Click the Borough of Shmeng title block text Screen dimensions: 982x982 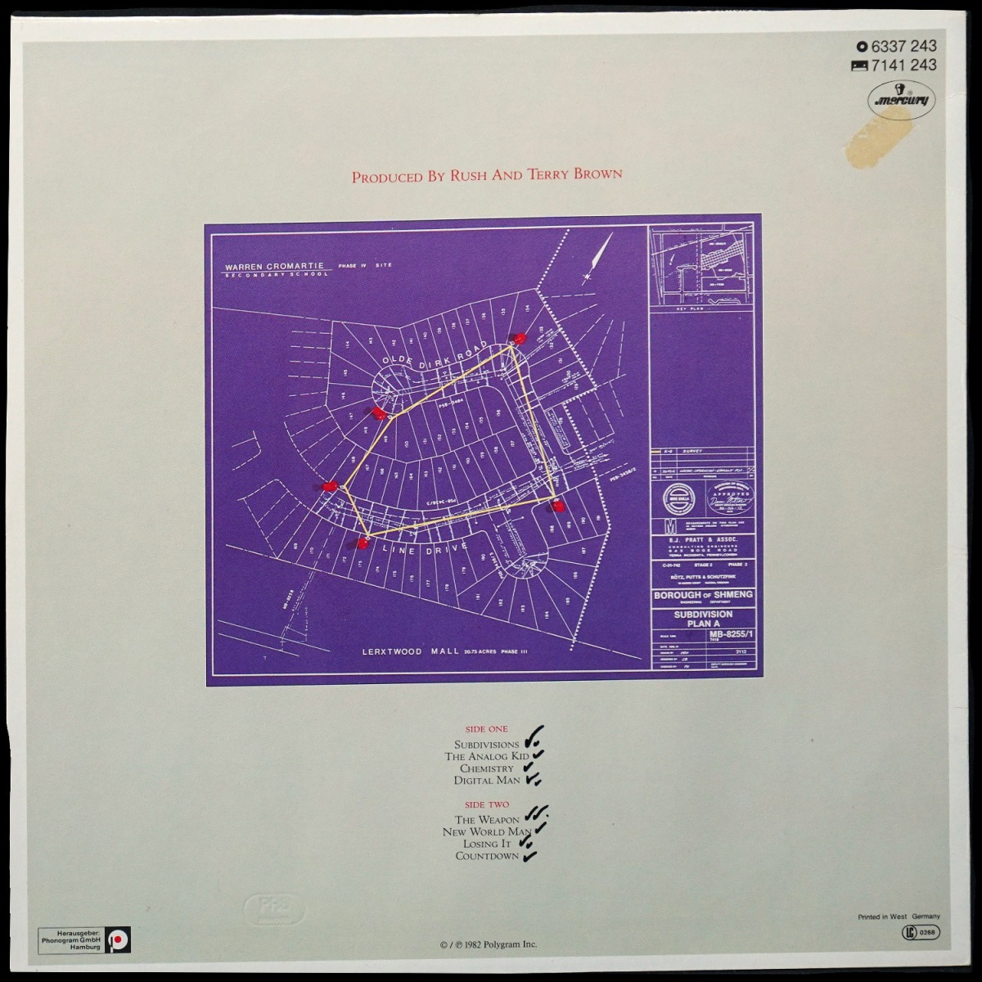coord(702,595)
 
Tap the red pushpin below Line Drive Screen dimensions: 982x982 coord(362,543)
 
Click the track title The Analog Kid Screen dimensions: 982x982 coord(481,756)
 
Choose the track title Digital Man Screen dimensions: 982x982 coord(487,781)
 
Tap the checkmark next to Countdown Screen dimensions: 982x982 coord(530,856)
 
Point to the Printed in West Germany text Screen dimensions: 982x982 coord(899,917)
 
